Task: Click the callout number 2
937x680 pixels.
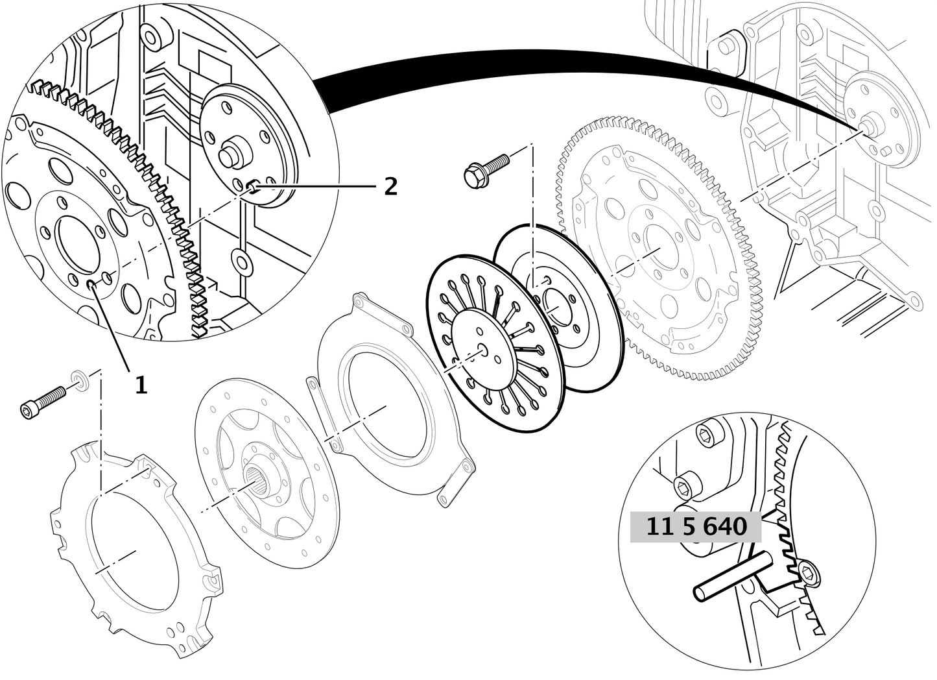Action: click(x=390, y=187)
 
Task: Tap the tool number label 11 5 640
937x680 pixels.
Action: click(x=696, y=526)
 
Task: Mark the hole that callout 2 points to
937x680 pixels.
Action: click(x=252, y=188)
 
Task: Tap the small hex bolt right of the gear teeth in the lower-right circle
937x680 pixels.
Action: click(x=807, y=571)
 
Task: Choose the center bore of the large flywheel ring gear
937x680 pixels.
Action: click(x=655, y=250)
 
